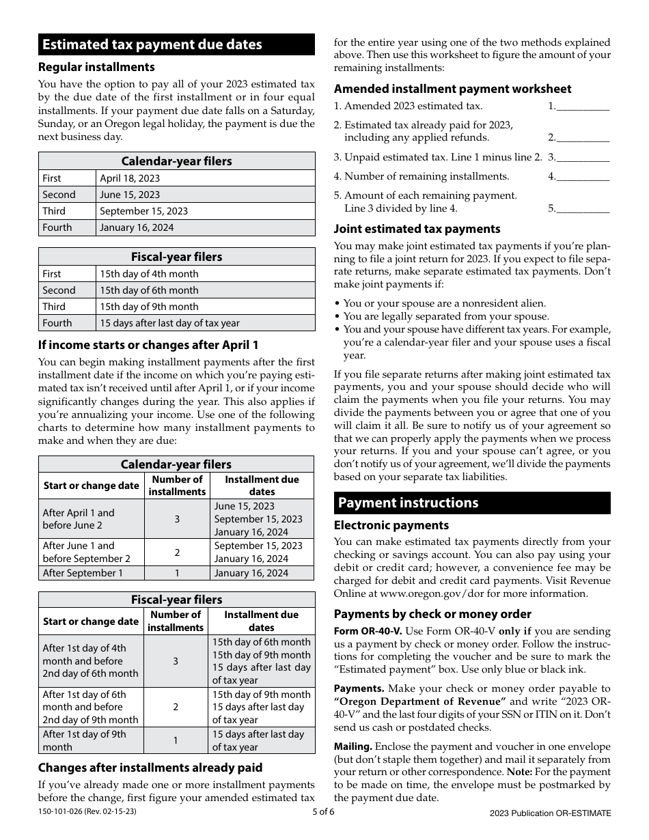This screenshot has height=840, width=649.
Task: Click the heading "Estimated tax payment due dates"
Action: pyautogui.click(x=152, y=44)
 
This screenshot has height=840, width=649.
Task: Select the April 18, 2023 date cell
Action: pyautogui.click(x=130, y=178)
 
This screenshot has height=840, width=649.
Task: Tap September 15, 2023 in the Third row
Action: pyautogui.click(x=143, y=211)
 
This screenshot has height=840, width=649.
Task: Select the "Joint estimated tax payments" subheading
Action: pyautogui.click(x=417, y=229)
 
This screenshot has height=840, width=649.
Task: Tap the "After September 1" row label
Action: pyautogui.click(x=83, y=573)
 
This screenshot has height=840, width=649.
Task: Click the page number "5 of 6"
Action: pyautogui.click(x=324, y=812)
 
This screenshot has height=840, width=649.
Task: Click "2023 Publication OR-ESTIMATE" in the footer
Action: pyautogui.click(x=550, y=813)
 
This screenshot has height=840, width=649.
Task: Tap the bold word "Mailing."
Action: pyautogui.click(x=353, y=746)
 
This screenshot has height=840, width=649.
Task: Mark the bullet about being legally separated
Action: pyautogui.click(x=445, y=316)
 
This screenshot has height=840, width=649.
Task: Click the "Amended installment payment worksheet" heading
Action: pyautogui.click(x=452, y=89)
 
